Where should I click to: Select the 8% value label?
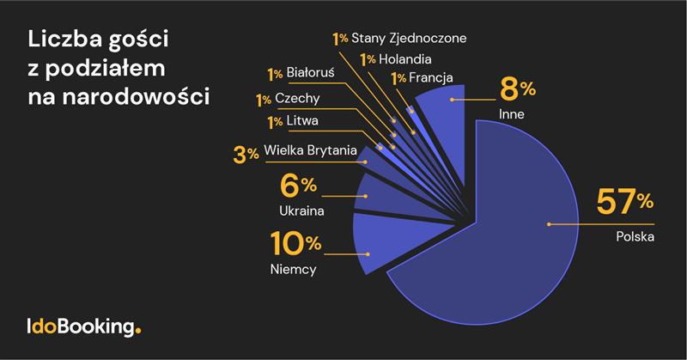tap(517, 88)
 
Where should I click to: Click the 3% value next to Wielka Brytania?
tap(246, 155)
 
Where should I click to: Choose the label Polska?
tap(636, 236)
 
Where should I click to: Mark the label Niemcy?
tap(293, 270)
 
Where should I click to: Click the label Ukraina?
tap(301, 210)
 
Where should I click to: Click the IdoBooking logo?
tap(82, 326)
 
